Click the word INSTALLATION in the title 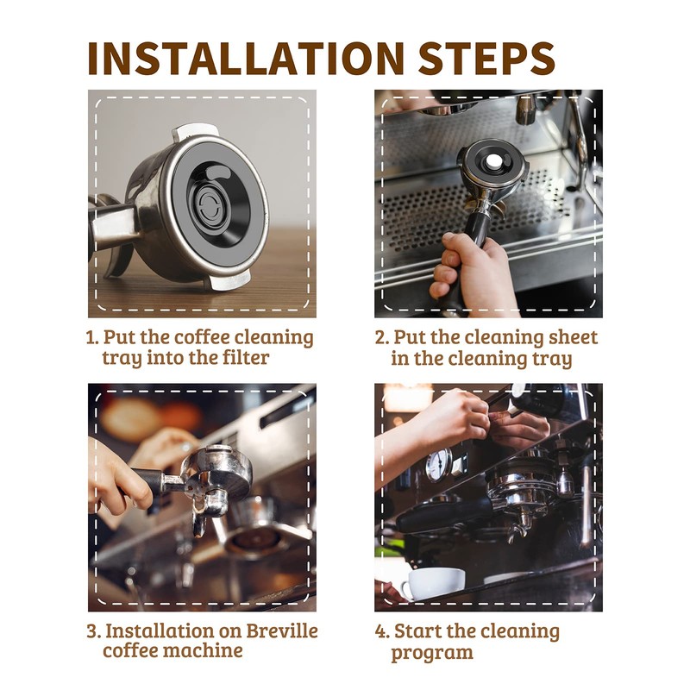click(x=246, y=58)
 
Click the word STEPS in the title click(x=486, y=58)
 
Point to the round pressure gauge click(x=439, y=465)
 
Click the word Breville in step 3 click(x=282, y=630)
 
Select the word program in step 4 click(x=432, y=653)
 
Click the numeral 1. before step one click(x=92, y=337)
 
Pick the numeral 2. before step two click(x=382, y=337)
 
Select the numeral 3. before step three click(x=94, y=631)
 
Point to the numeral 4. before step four click(x=382, y=631)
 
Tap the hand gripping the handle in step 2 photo click(x=471, y=267)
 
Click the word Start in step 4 click(x=419, y=631)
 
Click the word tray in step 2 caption click(x=552, y=358)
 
